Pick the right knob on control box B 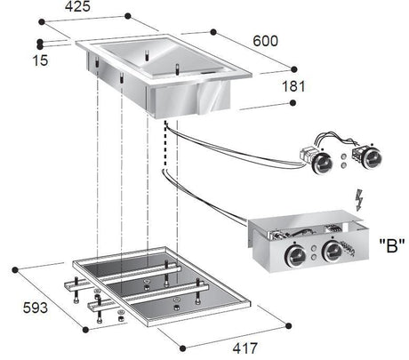click(333, 252)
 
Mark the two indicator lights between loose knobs click(341, 160)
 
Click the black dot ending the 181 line click(293, 105)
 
